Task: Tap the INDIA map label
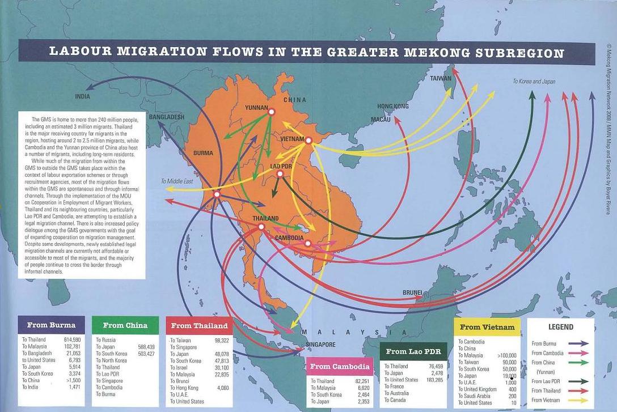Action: pyautogui.click(x=82, y=96)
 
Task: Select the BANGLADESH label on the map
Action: pyautogui.click(x=166, y=117)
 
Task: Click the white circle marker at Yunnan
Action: pyautogui.click(x=271, y=112)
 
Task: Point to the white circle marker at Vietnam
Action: pyautogui.click(x=308, y=141)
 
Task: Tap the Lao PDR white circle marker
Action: pyautogui.click(x=280, y=174)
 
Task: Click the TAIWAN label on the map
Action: pyautogui.click(x=441, y=78)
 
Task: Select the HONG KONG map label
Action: pyautogui.click(x=392, y=107)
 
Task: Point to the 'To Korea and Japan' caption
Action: pyautogui.click(x=534, y=82)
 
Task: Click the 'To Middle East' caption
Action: pyautogui.click(x=177, y=181)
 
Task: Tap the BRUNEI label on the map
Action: pyautogui.click(x=412, y=292)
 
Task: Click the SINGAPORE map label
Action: pyautogui.click(x=320, y=345)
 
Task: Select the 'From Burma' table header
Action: pyautogui.click(x=51, y=325)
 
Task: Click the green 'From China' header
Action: pyautogui.click(x=125, y=325)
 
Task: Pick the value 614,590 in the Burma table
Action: pyautogui.click(x=70, y=339)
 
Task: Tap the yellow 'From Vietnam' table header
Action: pyautogui.click(x=487, y=327)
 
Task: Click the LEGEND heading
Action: pyautogui.click(x=560, y=327)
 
